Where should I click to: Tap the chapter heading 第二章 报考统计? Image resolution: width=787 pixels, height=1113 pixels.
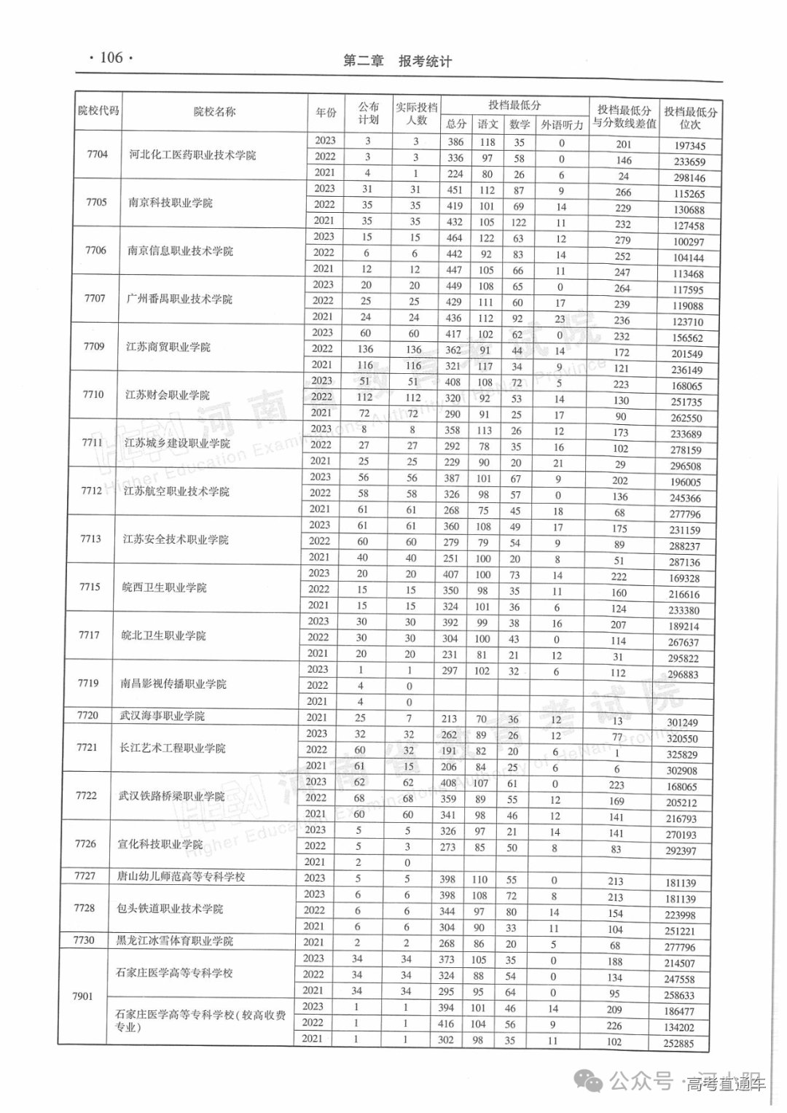click(x=397, y=61)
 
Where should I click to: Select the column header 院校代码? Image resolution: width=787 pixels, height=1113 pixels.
click(x=98, y=111)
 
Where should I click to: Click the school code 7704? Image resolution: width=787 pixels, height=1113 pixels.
click(x=97, y=154)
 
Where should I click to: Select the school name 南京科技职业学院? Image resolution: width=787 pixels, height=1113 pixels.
click(x=171, y=203)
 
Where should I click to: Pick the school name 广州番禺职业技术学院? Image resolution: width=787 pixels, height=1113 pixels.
click(x=179, y=299)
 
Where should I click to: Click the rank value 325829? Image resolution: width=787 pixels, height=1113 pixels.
click(x=681, y=754)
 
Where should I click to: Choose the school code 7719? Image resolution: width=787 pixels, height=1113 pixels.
click(x=88, y=683)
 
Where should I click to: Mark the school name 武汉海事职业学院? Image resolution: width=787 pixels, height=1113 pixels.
click(x=163, y=716)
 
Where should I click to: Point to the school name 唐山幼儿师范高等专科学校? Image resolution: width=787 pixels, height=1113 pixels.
click(x=181, y=877)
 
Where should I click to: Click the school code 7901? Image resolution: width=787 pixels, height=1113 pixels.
click(x=83, y=996)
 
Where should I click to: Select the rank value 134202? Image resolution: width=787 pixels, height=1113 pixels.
click(x=679, y=1028)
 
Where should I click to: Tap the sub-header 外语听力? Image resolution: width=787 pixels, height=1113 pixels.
click(x=562, y=125)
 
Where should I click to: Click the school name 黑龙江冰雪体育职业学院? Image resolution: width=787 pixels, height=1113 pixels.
click(x=175, y=941)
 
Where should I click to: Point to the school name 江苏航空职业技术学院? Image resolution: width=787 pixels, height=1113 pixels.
click(x=176, y=491)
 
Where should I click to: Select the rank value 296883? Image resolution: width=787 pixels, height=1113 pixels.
click(x=683, y=674)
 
